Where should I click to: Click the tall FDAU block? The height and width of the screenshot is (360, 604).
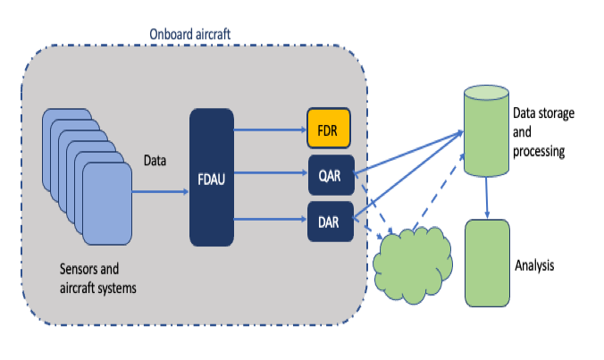[211, 177]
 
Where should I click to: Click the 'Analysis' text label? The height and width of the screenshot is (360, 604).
[537, 265]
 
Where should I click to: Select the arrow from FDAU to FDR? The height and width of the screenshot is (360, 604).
[269, 129]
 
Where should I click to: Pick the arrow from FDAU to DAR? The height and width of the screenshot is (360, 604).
[269, 219]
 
